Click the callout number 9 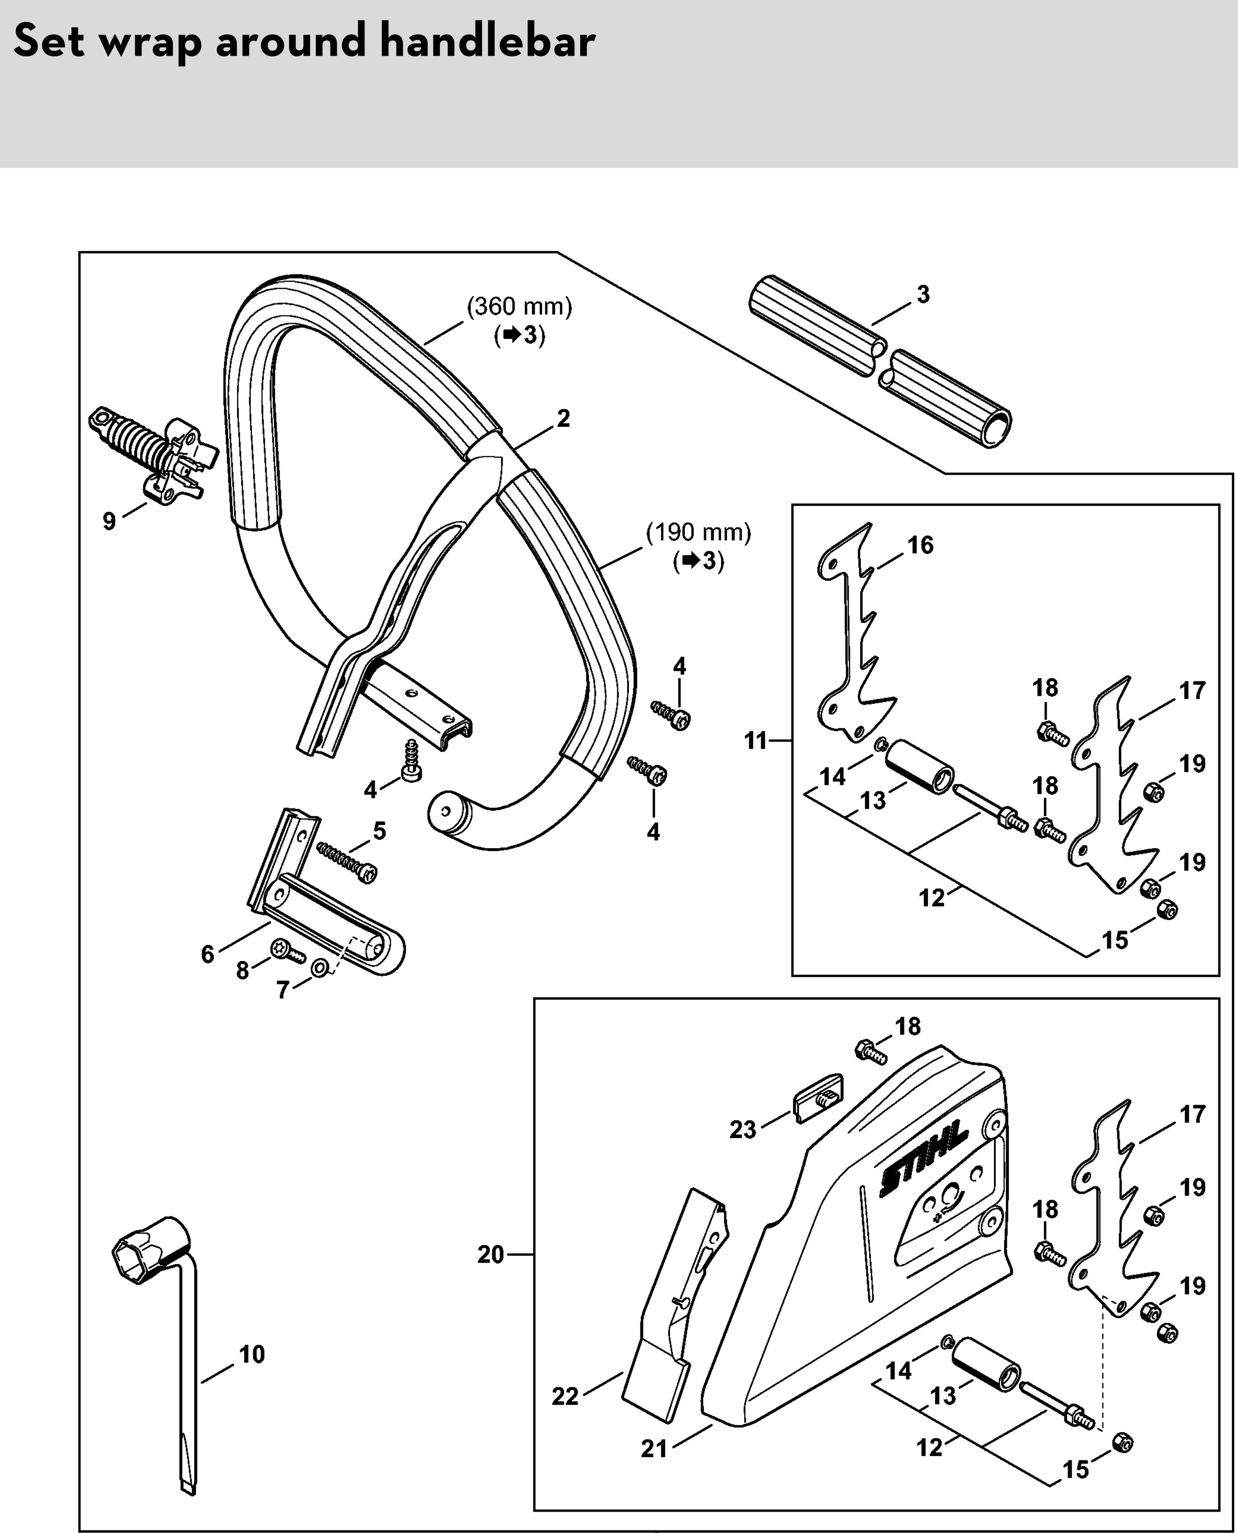[x=109, y=521]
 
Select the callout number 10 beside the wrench [x=252, y=1354]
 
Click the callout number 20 [x=491, y=1254]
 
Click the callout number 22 [x=565, y=1395]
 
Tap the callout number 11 [x=756, y=741]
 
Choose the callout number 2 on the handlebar [x=563, y=418]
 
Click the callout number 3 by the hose [x=923, y=294]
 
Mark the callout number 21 [x=654, y=1448]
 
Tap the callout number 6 [x=207, y=954]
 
